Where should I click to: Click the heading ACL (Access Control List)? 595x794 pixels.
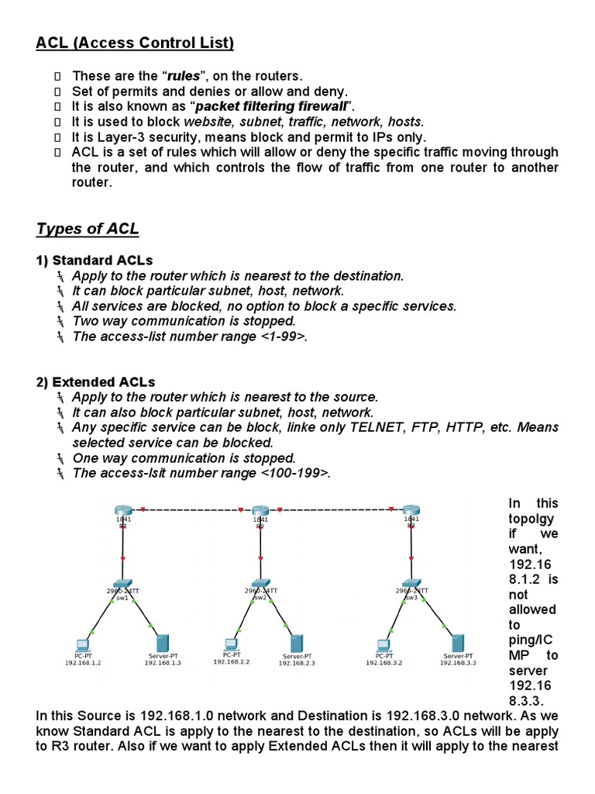[135, 43]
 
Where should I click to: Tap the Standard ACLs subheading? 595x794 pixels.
[95, 260]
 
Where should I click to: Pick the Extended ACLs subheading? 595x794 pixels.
[95, 381]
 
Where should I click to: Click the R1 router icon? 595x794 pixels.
[122, 510]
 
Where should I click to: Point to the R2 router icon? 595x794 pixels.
[260, 510]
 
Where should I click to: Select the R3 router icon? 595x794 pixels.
[411, 510]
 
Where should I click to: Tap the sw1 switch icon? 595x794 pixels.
[122, 582]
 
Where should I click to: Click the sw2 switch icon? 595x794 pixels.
[260, 582]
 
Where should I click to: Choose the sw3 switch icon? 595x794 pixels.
[411, 582]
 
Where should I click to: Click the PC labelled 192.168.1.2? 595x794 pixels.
[83, 644]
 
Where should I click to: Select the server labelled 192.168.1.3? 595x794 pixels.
[163, 643]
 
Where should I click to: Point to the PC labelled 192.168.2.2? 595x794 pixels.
[230, 644]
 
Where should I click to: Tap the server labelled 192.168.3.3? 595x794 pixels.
[458, 643]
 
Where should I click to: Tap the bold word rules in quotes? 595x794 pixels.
[178, 75]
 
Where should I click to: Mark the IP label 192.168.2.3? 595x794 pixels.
[297, 664]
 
